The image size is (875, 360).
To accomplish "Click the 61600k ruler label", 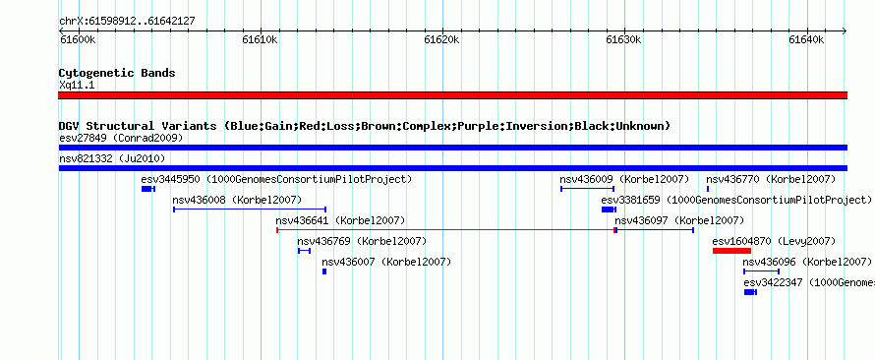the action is (x=77, y=40).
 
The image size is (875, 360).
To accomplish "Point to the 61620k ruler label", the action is (x=441, y=40).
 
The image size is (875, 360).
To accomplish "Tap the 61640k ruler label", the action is (x=806, y=40).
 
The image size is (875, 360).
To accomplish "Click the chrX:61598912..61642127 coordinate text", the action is (x=127, y=22).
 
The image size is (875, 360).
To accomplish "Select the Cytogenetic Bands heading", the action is (x=117, y=73).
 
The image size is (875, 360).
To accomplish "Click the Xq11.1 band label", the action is (x=77, y=85).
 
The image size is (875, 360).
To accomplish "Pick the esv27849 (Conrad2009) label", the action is (x=121, y=138).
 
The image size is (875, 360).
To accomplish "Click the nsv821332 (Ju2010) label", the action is (x=112, y=158).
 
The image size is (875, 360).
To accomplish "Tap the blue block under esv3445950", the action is (x=147, y=189).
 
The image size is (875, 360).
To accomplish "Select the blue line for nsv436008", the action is (x=250, y=210).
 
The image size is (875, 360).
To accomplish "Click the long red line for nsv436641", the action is (x=445, y=230).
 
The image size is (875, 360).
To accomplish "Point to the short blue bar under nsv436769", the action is (x=304, y=251).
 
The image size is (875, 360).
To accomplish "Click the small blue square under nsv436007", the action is (x=324, y=271).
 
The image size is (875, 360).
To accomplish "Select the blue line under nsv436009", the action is (x=587, y=189).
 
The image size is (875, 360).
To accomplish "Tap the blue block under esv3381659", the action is (x=609, y=210).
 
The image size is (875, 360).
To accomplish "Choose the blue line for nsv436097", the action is (x=655, y=230).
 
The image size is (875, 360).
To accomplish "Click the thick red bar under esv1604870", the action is (x=731, y=251).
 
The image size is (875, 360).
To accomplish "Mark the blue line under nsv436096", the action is (x=761, y=271).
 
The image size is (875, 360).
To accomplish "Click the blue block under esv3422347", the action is (x=750, y=292).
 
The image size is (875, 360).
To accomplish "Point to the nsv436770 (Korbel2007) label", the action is (x=771, y=179).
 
